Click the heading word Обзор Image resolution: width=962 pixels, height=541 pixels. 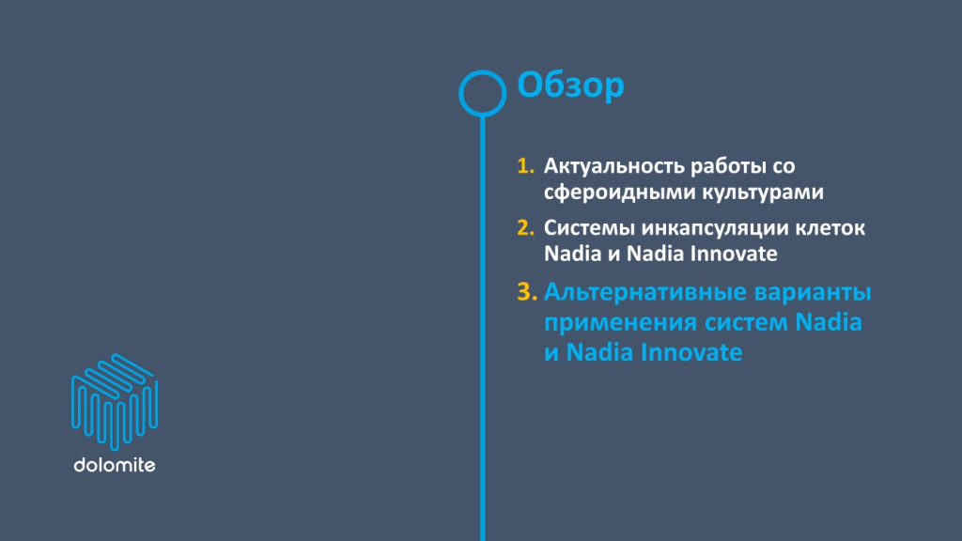click(571, 86)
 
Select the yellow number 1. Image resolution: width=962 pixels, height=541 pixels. click(524, 166)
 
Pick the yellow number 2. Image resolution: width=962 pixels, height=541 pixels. click(524, 228)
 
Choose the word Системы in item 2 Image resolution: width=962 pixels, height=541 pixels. click(587, 228)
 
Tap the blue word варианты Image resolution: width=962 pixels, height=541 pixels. click(815, 292)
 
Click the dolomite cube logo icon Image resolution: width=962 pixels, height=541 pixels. click(114, 403)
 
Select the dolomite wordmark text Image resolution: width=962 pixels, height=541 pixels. click(114, 465)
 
